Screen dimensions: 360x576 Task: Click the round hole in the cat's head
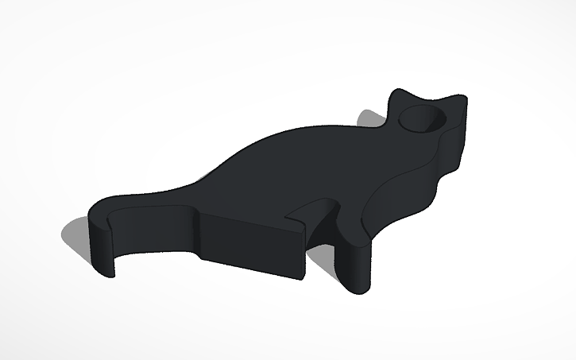point(422,120)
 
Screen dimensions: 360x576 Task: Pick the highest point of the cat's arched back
point(310,127)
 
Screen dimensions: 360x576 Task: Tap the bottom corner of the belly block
point(302,277)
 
